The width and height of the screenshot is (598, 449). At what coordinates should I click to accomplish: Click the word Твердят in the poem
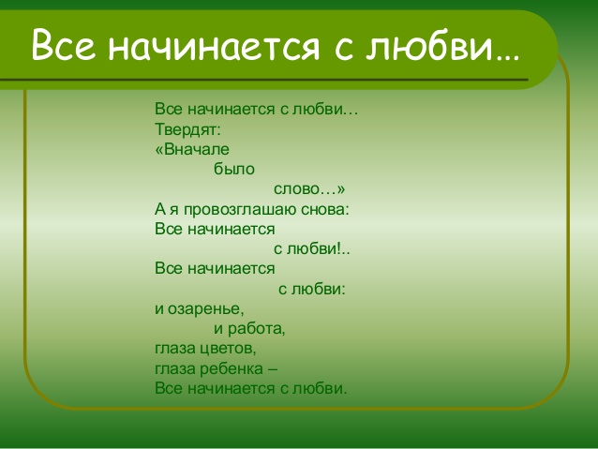coord(187,129)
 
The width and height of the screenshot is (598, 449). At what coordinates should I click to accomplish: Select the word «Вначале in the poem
coord(192,149)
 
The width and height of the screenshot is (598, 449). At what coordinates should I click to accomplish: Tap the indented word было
coord(234,169)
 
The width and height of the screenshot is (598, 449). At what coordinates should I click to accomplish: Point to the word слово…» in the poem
coord(309,189)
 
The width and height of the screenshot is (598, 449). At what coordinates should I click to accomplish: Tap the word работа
coord(256,328)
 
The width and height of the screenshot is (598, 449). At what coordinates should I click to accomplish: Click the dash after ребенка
coord(273,369)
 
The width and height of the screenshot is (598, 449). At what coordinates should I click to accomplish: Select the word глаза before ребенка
coord(175,369)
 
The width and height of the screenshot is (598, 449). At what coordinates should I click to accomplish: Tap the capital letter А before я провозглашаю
coord(160,209)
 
